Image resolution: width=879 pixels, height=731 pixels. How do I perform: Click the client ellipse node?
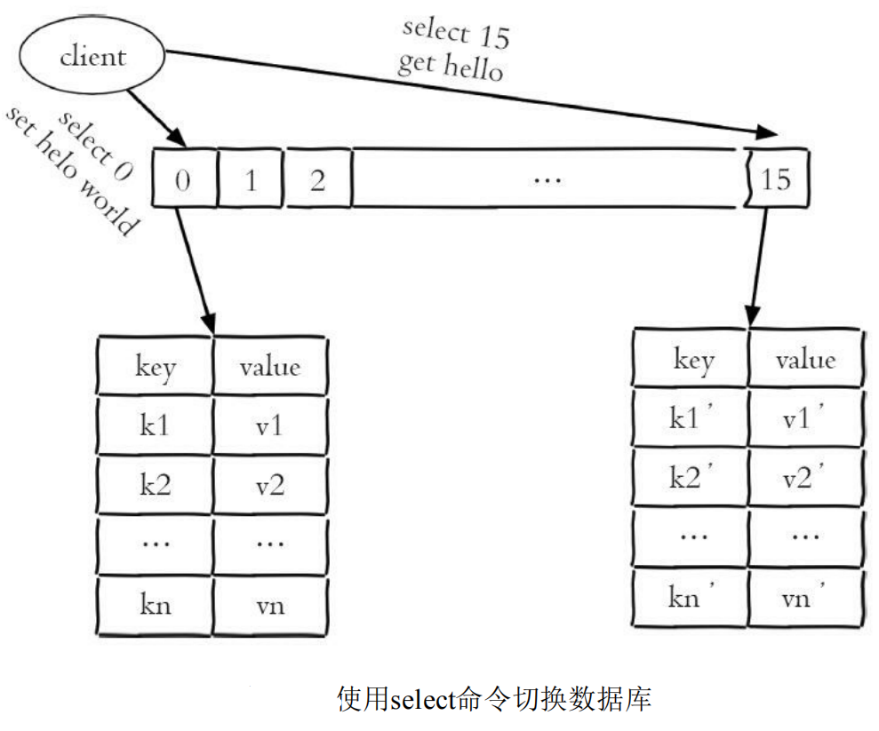click(x=92, y=58)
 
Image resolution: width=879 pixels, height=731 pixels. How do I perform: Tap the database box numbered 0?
click(x=182, y=179)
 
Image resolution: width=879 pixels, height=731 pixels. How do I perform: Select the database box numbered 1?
click(x=250, y=179)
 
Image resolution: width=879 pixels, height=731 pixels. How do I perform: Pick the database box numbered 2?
click(x=317, y=179)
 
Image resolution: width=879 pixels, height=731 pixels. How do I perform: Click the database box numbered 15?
click(x=776, y=179)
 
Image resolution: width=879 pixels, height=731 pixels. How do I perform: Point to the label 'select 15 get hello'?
click(x=453, y=49)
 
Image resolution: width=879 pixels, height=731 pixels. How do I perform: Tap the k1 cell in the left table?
click(x=155, y=426)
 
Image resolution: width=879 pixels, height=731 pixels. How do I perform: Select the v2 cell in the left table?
click(x=270, y=486)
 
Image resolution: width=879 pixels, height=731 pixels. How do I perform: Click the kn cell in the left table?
click(x=155, y=606)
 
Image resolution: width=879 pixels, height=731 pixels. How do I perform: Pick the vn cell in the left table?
click(x=270, y=606)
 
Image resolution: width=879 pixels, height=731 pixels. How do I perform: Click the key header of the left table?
click(x=155, y=366)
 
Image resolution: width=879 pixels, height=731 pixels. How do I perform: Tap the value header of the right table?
click(x=805, y=360)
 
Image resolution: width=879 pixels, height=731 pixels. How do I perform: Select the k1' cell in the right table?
click(x=691, y=419)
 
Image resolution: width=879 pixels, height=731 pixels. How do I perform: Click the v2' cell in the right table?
click(x=805, y=479)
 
